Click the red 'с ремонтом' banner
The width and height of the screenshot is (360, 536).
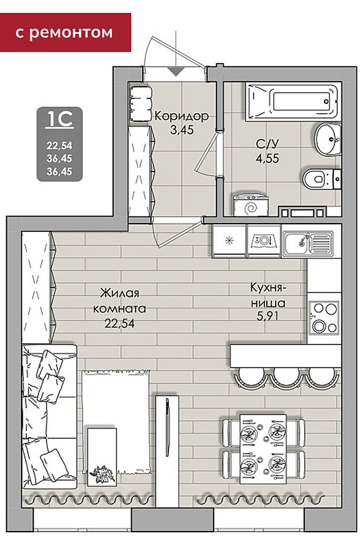[66, 33]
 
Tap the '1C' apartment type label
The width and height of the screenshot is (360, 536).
[60, 119]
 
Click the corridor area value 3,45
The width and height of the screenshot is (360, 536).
[181, 130]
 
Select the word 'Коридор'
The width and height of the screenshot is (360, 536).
[181, 116]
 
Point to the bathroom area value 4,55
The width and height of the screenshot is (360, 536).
[267, 158]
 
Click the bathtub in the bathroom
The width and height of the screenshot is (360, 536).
[293, 101]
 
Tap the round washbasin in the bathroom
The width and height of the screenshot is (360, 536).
[328, 139]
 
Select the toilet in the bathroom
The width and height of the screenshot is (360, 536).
[322, 179]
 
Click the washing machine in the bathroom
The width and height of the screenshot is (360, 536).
[251, 205]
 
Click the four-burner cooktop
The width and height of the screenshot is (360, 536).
[324, 317]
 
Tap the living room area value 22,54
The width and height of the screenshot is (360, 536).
[120, 323]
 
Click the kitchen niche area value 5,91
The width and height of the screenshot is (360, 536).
[267, 316]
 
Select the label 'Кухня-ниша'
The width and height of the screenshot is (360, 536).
[268, 295]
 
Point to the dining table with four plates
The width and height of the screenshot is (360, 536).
[263, 449]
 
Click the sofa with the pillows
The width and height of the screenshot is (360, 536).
[49, 416]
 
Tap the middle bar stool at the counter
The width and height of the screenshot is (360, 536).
[285, 377]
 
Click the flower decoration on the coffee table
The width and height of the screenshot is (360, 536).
[101, 474]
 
